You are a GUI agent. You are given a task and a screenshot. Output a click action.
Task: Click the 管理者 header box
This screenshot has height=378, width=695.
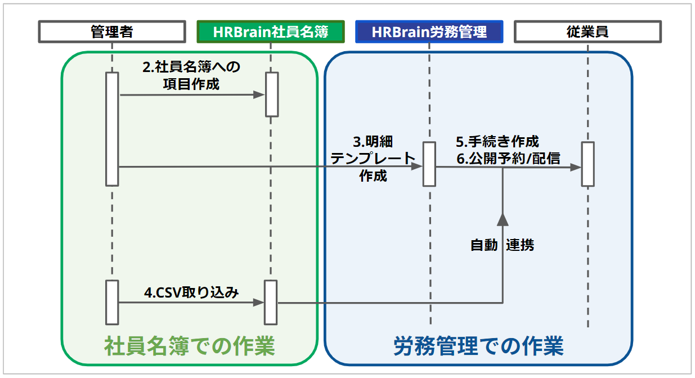[112, 31]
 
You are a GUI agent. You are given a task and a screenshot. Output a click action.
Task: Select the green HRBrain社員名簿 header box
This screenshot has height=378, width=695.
[271, 31]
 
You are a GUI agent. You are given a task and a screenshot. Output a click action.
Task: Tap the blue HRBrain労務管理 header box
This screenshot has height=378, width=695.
[429, 31]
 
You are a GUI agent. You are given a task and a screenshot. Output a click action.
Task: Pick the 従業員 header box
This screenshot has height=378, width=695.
[588, 31]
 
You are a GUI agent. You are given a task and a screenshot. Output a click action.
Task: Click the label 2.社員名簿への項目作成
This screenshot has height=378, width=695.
[191, 75]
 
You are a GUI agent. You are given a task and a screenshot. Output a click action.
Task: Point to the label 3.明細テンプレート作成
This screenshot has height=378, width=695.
[373, 159]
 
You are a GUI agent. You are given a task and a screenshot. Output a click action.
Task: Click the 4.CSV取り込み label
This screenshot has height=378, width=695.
[191, 292]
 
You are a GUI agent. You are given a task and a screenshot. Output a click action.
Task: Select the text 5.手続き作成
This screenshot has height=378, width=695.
[497, 142]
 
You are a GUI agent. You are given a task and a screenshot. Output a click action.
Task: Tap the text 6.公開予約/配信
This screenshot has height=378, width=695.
[508, 159]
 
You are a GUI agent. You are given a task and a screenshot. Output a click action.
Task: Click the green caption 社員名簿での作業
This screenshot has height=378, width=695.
[190, 346]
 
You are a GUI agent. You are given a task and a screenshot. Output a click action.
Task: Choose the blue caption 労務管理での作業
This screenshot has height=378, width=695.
[478, 346]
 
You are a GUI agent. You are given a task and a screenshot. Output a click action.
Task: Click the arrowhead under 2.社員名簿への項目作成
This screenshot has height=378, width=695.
[259, 94]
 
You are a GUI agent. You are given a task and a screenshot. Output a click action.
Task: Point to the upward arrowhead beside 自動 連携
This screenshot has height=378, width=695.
[503, 219]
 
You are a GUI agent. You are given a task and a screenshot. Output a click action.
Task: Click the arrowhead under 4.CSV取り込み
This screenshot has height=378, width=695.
[258, 302]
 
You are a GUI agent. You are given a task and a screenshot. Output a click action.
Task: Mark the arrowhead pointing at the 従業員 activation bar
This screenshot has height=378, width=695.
[576, 168]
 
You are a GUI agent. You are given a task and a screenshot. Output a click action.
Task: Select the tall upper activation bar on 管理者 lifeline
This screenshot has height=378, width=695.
[112, 129]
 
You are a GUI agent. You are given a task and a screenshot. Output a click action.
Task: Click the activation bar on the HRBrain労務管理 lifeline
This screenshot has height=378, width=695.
[429, 164]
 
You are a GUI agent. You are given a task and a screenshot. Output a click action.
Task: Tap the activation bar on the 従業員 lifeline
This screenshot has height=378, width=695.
[588, 164]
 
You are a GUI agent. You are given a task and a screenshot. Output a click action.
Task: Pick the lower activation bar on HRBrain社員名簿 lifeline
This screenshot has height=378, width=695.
[271, 302]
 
